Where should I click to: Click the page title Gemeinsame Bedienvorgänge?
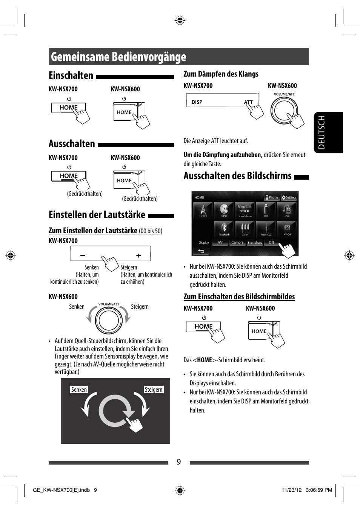[x=118, y=57]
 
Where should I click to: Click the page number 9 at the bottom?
[x=179, y=462]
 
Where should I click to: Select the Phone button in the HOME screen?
[x=272, y=197]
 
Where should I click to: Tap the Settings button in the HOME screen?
[x=289, y=197]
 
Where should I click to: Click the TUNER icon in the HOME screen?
[x=203, y=210]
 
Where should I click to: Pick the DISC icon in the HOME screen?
[x=224, y=210]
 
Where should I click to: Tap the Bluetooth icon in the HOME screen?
[x=224, y=229]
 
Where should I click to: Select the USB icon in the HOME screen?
[x=266, y=210]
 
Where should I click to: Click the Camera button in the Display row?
[x=237, y=243]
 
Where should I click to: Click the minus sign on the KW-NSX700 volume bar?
[x=83, y=255]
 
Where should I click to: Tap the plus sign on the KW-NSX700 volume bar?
[x=138, y=255]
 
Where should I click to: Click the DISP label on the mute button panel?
[x=197, y=102]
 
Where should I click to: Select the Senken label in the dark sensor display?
[x=79, y=389]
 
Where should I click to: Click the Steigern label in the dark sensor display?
[x=154, y=389]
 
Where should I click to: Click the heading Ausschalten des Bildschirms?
[x=237, y=176]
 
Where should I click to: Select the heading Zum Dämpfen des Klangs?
[x=221, y=74]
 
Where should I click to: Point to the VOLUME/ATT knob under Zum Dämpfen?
[x=284, y=111]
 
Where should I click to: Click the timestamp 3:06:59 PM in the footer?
[x=319, y=490]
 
